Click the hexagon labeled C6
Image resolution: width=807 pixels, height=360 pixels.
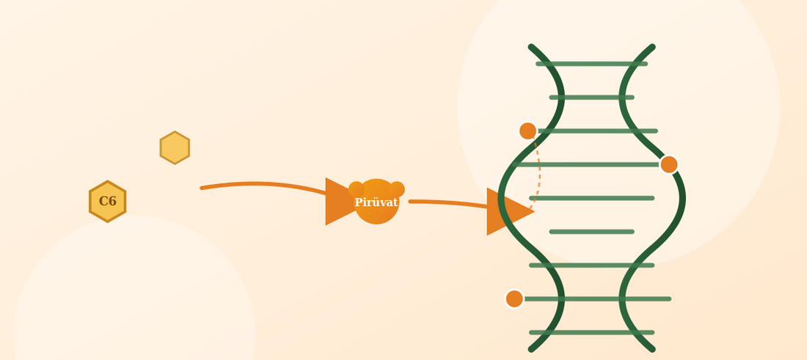[x=108, y=202]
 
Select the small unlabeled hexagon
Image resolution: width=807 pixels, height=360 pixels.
[x=175, y=147]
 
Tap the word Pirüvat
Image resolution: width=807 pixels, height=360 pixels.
[x=376, y=202]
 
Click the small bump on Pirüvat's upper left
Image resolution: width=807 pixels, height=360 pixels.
[x=356, y=189]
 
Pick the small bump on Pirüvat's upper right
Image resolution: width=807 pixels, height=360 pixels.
[x=397, y=189]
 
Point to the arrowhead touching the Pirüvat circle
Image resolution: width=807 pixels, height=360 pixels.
[x=340, y=202]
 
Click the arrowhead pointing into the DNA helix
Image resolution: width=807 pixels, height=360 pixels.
[x=510, y=211]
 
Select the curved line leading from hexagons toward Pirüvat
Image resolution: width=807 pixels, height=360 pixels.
[x=263, y=183]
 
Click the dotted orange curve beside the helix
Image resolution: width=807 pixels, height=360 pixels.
[x=539, y=169]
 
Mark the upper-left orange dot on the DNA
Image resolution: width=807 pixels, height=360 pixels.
[x=527, y=131]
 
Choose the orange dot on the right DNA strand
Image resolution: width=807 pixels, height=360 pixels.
[x=668, y=164]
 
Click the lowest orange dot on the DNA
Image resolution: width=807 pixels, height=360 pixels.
[x=514, y=299]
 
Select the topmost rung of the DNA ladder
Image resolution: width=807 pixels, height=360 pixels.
[x=592, y=64]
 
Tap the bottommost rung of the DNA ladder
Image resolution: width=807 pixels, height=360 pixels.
[x=592, y=332]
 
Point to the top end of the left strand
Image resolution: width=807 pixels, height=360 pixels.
[x=531, y=47]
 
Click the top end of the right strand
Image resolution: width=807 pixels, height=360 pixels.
[x=653, y=47]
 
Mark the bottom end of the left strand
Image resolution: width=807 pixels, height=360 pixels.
[x=531, y=349]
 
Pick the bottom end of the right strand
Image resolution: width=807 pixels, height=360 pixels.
[x=653, y=349]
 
